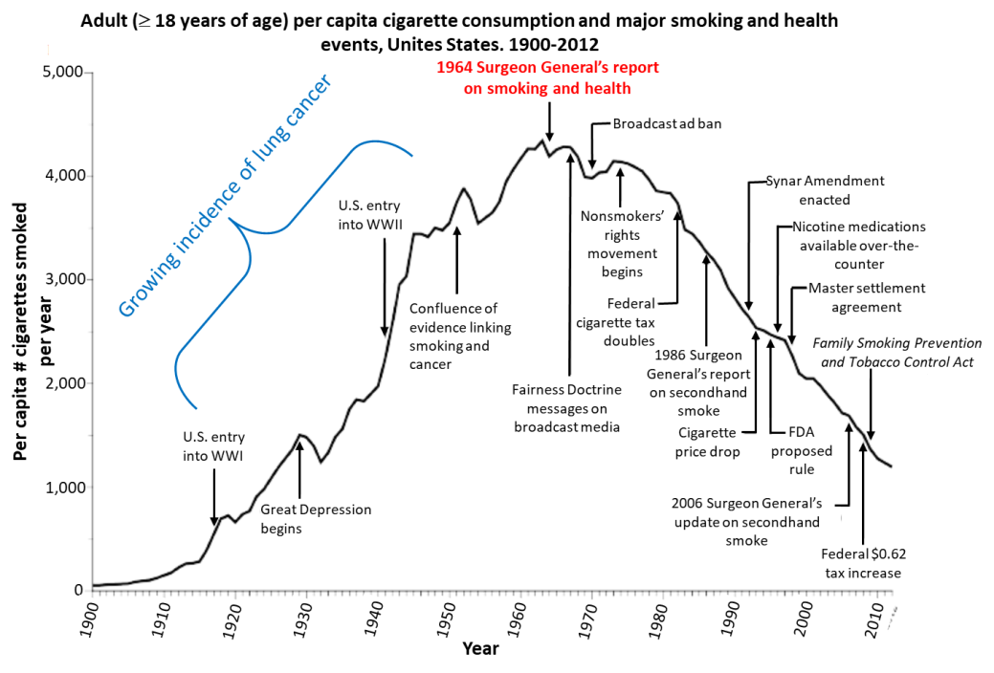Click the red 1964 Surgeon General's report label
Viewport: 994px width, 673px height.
point(547,78)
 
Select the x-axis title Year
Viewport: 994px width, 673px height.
point(479,649)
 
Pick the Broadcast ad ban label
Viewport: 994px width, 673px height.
point(668,124)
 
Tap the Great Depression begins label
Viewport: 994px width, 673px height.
point(315,518)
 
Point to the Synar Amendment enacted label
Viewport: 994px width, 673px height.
point(826,190)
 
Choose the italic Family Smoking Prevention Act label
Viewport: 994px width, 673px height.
point(897,352)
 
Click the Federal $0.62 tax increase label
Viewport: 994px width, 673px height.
point(861,563)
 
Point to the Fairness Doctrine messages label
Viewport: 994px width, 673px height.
point(566,408)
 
